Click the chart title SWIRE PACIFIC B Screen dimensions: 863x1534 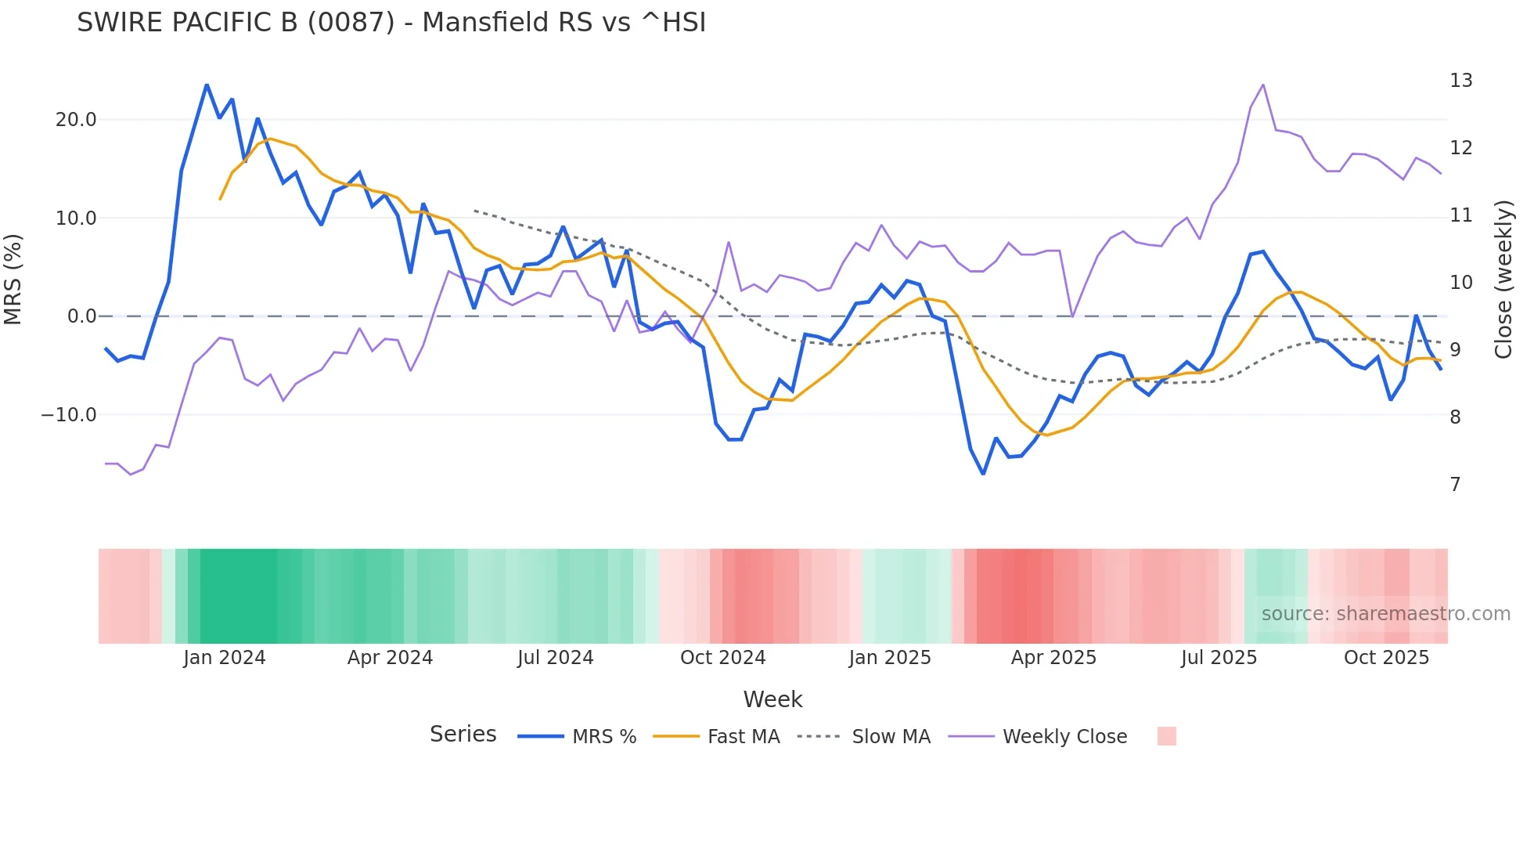pyautogui.click(x=391, y=23)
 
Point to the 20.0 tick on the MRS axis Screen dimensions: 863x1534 pyautogui.click(x=76, y=120)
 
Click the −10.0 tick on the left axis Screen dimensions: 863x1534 pyautogui.click(x=69, y=415)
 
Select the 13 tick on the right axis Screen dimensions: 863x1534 pyautogui.click(x=1460, y=81)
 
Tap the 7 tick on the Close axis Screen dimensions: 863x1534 pyautogui.click(x=1455, y=485)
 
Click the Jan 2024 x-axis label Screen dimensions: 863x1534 pyautogui.click(x=225, y=658)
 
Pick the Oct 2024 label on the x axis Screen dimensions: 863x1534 pyautogui.click(x=722, y=658)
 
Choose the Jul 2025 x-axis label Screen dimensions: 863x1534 pyautogui.click(x=1219, y=658)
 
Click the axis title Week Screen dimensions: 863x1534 pyautogui.click(x=772, y=699)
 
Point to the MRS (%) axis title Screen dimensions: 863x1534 pyautogui.click(x=13, y=279)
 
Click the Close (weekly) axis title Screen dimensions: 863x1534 pyautogui.click(x=1503, y=280)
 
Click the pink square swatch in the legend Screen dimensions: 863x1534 pyautogui.click(x=1166, y=736)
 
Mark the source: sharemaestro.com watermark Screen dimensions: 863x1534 pyautogui.click(x=1385, y=614)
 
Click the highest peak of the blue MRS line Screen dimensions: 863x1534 pyautogui.click(x=207, y=85)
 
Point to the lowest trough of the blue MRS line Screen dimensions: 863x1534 pyautogui.click(x=983, y=474)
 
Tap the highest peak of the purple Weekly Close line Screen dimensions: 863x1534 pyautogui.click(x=1263, y=85)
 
